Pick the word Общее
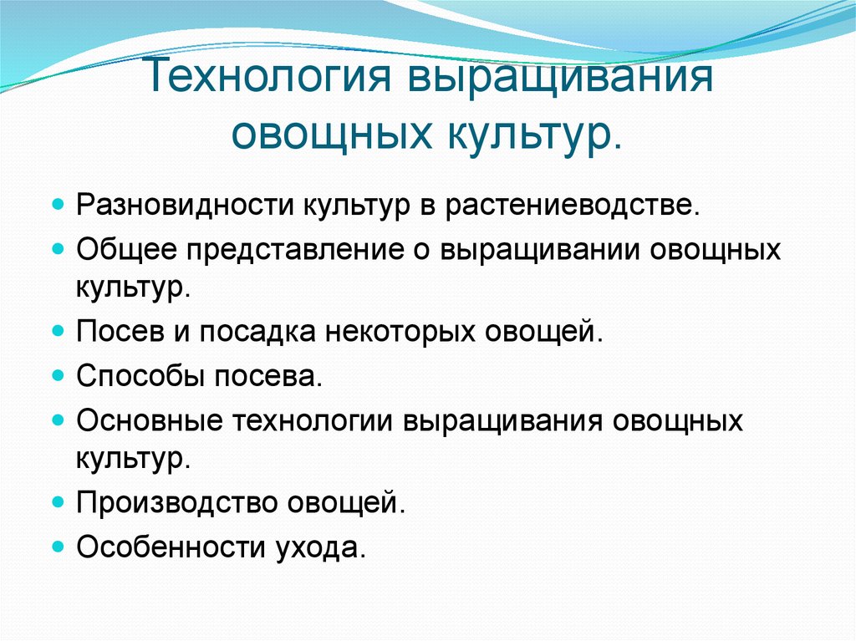(125, 249)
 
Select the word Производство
(176, 503)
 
